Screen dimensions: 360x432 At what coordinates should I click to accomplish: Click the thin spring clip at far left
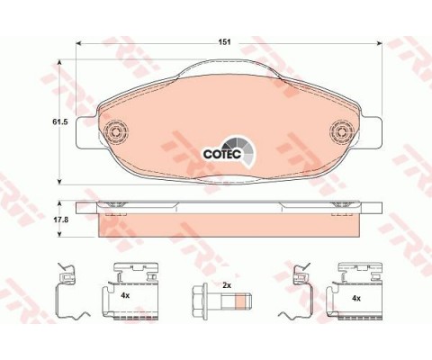click(x=69, y=290)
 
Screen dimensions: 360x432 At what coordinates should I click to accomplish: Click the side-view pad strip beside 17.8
click(x=230, y=223)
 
